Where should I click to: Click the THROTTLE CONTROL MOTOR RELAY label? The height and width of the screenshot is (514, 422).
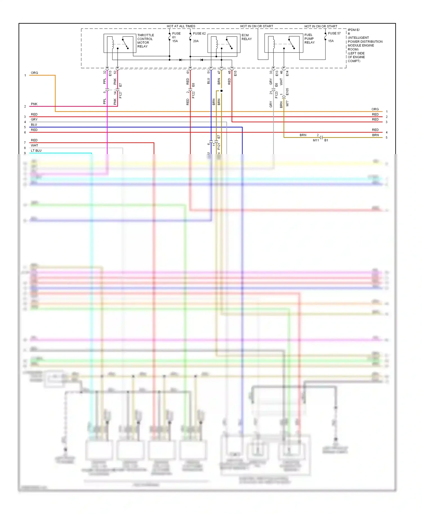(x=145, y=41)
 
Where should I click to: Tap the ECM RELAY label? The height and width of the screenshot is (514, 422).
(x=246, y=37)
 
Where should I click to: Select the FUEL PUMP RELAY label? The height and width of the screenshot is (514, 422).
(x=309, y=39)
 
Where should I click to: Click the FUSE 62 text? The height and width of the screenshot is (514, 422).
(x=199, y=33)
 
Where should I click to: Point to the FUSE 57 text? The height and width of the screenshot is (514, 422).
(x=334, y=33)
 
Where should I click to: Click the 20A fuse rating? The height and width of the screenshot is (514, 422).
(x=196, y=41)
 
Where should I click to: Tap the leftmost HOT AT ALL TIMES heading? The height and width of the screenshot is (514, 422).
(x=181, y=26)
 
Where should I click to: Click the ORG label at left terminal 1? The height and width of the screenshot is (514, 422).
(x=34, y=73)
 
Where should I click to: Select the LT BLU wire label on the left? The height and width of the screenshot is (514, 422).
(x=36, y=151)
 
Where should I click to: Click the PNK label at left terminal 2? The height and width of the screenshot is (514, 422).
(x=34, y=104)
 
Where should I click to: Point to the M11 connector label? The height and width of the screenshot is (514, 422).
(x=316, y=140)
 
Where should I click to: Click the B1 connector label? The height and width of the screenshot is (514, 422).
(x=326, y=140)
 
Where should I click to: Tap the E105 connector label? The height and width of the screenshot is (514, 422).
(x=287, y=92)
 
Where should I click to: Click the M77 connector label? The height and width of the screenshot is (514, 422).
(x=287, y=103)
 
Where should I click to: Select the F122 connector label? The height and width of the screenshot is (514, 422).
(x=193, y=95)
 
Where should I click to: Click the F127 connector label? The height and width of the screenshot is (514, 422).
(x=120, y=95)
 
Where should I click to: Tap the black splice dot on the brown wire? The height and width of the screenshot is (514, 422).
(x=221, y=91)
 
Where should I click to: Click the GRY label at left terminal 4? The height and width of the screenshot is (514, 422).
(x=34, y=120)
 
